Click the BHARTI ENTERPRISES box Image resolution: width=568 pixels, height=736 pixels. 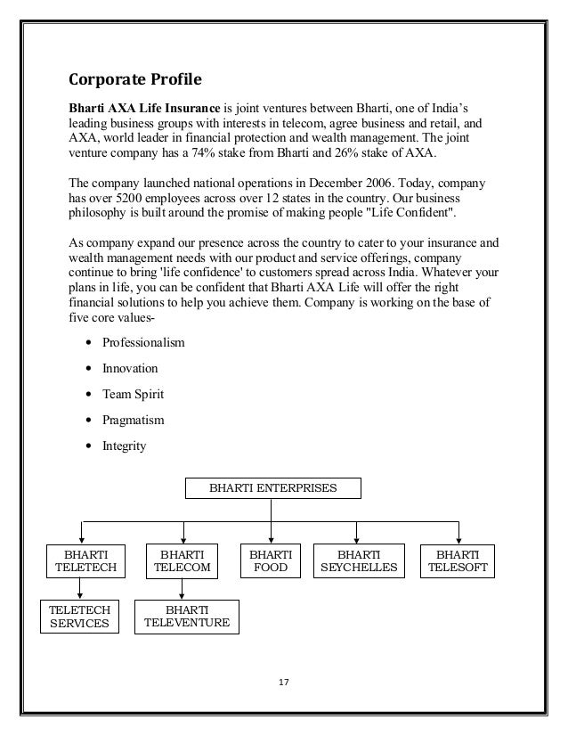[x=273, y=488]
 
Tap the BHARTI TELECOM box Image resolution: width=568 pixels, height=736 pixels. [x=183, y=560]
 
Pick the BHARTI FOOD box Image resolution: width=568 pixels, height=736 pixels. [x=270, y=560]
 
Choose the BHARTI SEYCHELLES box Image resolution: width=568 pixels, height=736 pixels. [x=356, y=560]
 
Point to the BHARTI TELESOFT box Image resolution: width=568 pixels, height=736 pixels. [x=458, y=560]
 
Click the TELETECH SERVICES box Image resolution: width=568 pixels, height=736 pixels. [x=79, y=616]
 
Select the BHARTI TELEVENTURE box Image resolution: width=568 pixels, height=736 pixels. [x=187, y=616]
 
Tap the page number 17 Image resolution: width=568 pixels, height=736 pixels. [x=284, y=683]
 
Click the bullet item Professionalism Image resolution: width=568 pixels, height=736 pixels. [x=142, y=343]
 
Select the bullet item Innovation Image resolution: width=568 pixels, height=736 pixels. [x=130, y=368]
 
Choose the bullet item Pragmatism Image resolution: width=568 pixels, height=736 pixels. [x=134, y=419]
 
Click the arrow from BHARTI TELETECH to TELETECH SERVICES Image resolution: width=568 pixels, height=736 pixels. [x=80, y=588]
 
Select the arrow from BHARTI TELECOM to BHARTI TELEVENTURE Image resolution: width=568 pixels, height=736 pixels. [x=183, y=588]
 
